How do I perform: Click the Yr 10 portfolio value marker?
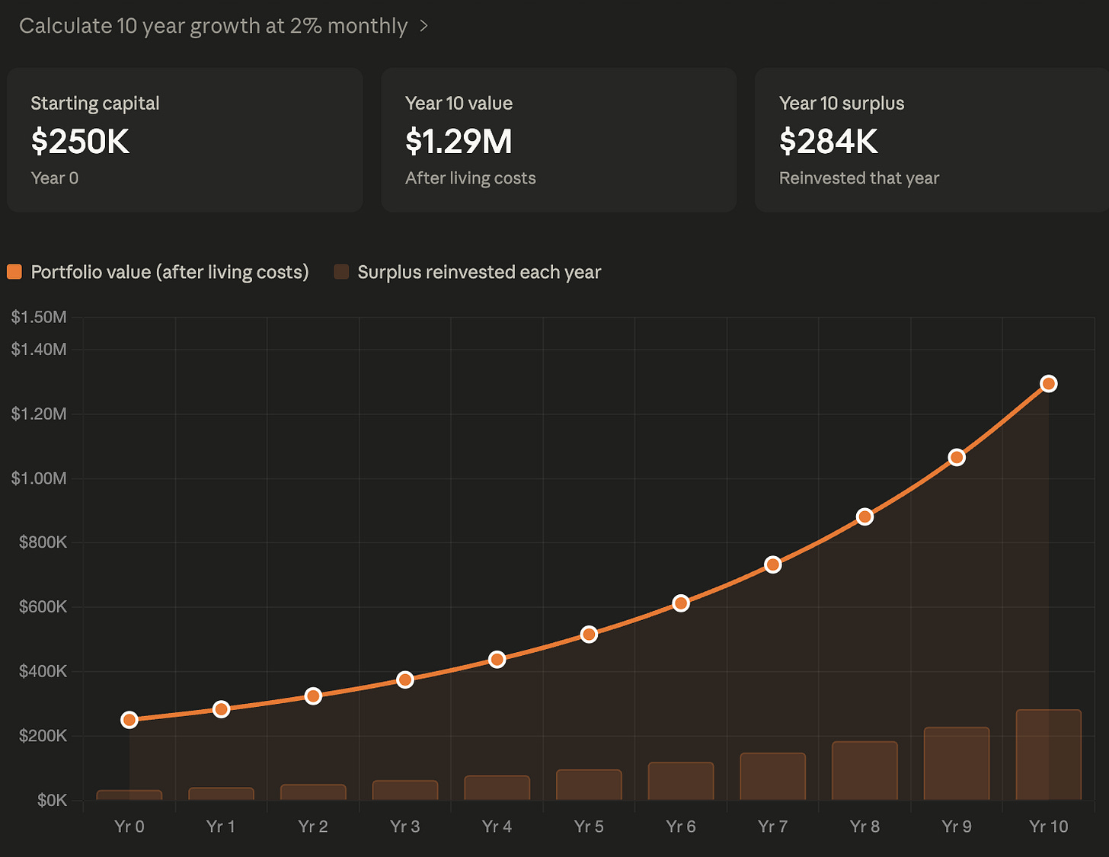[x=1048, y=384]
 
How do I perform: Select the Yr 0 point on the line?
[x=129, y=720]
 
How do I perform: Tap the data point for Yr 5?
[x=589, y=635]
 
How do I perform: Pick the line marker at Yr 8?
[x=865, y=517]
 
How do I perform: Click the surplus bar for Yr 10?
[x=1048, y=755]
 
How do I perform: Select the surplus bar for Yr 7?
[x=772, y=776]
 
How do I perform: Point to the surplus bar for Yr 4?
[x=497, y=788]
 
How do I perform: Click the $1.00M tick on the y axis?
[x=39, y=478]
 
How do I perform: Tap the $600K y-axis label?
[x=43, y=606]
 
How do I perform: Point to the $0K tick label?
[x=52, y=800]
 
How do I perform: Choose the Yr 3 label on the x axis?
[x=404, y=827]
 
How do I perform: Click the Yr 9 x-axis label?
[x=957, y=827]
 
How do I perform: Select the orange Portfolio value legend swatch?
[x=14, y=272]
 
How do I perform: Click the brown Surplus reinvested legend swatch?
[x=341, y=272]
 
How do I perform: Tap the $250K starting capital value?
[x=80, y=142]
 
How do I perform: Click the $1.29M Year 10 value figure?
[x=459, y=142]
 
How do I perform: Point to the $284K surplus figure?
[x=828, y=142]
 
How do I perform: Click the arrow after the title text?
[x=423, y=26]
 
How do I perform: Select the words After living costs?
[x=471, y=178]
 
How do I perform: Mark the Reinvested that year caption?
[x=859, y=178]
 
